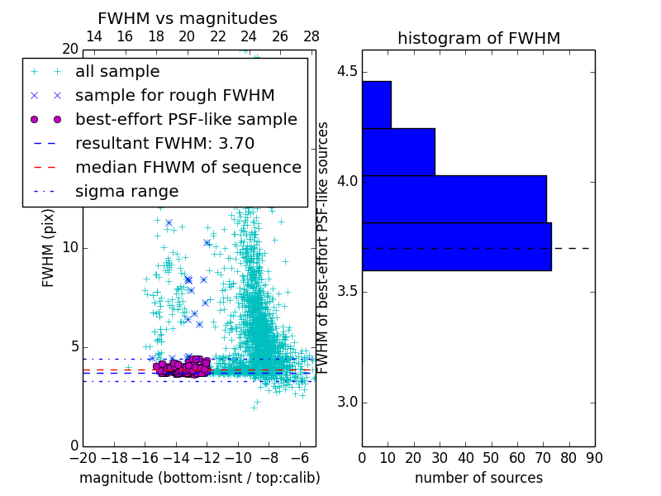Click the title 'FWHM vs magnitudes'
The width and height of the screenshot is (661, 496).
[187, 18]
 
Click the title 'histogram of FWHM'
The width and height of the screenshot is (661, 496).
[478, 38]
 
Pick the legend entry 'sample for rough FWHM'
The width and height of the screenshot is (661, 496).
[174, 95]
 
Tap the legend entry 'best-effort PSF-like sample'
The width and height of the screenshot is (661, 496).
[186, 119]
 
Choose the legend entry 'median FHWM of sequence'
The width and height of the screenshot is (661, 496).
[188, 167]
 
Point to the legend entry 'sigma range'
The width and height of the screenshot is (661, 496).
[126, 191]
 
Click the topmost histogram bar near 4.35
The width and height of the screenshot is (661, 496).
[376, 104]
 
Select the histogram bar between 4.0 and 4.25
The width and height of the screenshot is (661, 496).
[398, 151]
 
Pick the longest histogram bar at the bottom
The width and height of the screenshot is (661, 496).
[456, 246]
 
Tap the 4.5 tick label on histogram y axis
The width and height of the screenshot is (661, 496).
[347, 71]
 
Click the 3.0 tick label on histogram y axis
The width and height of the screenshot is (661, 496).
[347, 403]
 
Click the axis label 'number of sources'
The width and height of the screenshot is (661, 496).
[478, 478]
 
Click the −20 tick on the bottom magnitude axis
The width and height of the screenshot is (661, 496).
[83, 457]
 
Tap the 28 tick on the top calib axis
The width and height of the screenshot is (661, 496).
[311, 36]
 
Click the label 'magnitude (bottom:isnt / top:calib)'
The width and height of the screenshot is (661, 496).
[199, 478]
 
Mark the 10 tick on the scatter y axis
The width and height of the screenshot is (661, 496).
[70, 248]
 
